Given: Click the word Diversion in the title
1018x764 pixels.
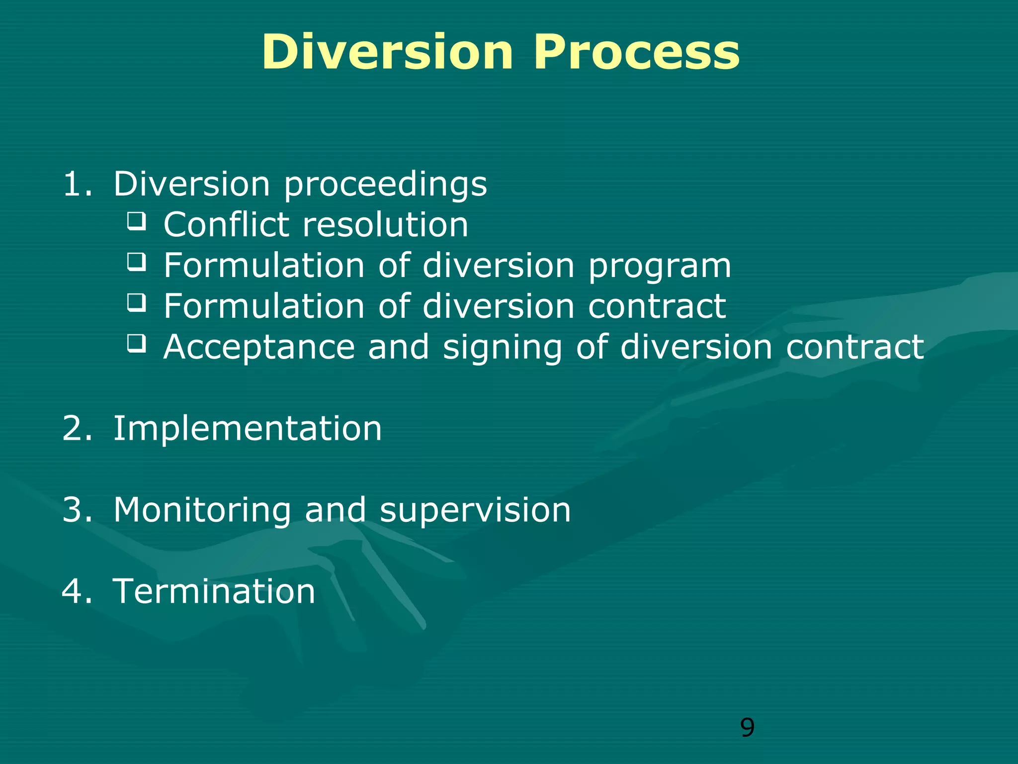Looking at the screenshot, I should click(387, 52).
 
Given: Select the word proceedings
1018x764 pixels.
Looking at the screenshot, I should click(385, 185).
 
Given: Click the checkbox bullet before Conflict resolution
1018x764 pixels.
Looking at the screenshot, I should click(136, 220).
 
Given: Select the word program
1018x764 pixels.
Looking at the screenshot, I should click(660, 266).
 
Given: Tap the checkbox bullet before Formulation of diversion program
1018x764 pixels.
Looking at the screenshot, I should click(136, 261).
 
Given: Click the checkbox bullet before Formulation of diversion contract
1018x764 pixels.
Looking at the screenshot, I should click(136, 302).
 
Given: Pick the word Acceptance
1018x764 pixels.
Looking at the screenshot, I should click(259, 347).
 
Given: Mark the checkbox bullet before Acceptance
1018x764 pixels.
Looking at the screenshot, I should click(136, 343).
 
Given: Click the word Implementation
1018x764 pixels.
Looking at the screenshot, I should click(247, 428).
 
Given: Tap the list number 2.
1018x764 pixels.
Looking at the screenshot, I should click(73, 428).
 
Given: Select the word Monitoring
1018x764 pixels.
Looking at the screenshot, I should click(202, 510).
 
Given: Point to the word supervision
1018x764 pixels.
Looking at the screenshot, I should click(475, 511).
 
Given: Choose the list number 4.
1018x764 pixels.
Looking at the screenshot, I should click(73, 591).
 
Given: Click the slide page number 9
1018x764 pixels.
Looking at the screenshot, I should click(747, 728).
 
